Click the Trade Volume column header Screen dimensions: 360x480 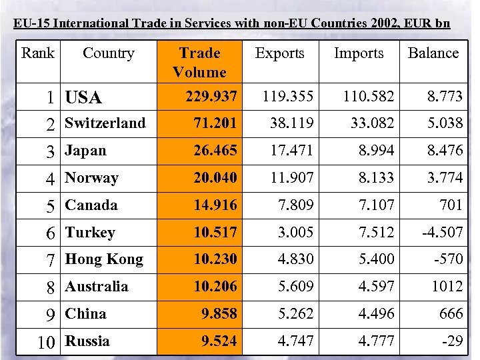(199, 62)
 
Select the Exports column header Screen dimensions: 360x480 (279, 53)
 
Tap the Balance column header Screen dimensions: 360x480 (433, 53)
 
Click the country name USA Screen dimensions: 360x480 (83, 98)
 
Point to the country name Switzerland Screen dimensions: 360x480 (105, 123)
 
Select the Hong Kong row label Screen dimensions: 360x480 (104, 259)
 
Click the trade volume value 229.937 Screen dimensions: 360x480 (211, 97)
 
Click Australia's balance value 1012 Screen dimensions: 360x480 (447, 286)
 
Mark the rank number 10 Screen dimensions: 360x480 (46, 343)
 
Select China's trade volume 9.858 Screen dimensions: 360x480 (219, 313)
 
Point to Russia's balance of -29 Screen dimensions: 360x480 (452, 341)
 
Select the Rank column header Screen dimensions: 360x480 (38, 53)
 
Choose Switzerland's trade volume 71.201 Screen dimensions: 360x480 (215, 123)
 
